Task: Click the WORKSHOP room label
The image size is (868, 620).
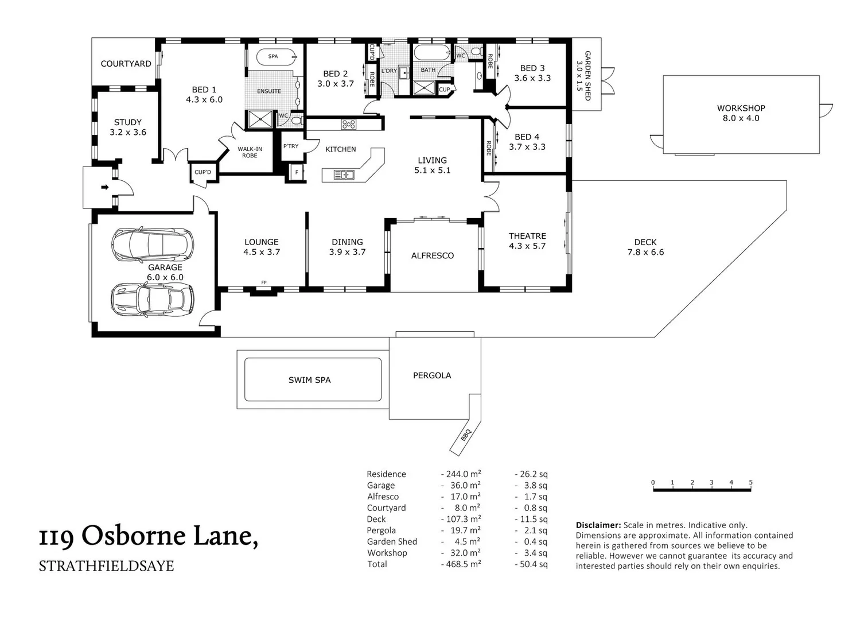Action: [741, 108]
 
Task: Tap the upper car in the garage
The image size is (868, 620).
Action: [152, 245]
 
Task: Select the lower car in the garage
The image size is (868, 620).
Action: [152, 299]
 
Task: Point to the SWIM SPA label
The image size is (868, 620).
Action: [309, 380]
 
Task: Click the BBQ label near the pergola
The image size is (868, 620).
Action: [465, 435]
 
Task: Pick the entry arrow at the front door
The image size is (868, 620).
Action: [104, 187]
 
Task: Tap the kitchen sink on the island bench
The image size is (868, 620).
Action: [343, 175]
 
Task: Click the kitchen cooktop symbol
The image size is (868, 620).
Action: [348, 124]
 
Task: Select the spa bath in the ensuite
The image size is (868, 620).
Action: [275, 56]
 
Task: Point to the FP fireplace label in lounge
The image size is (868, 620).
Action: [264, 282]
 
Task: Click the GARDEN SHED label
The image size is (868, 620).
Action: [587, 75]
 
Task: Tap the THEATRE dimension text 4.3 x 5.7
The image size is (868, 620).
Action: [527, 246]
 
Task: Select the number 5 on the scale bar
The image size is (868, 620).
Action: [750, 483]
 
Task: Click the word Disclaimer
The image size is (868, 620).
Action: [598, 525]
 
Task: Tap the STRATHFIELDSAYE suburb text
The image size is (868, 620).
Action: [106, 566]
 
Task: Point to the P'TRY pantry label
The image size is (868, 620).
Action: [291, 146]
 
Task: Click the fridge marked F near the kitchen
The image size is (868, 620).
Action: [297, 172]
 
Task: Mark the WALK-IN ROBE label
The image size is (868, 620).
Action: [250, 152]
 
